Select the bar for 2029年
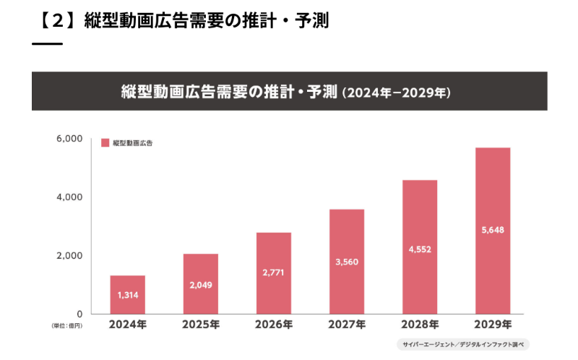[493, 231]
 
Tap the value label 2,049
[200, 286]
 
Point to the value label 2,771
[273, 273]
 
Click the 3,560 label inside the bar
[347, 262]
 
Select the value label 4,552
[420, 249]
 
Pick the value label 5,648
[493, 231]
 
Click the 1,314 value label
[127, 296]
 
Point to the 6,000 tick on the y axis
[69, 138]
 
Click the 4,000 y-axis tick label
[69, 197]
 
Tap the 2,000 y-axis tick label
[69, 255]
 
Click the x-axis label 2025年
[200, 325]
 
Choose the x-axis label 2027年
[347, 325]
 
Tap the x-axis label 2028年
[420, 325]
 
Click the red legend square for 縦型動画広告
[105, 143]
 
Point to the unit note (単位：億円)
[67, 326]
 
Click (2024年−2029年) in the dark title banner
[397, 93]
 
